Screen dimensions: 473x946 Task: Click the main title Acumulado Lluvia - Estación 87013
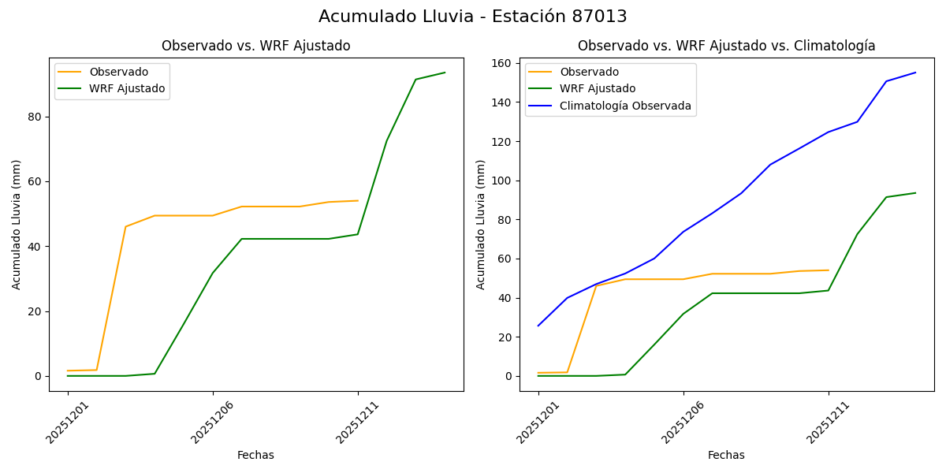473,17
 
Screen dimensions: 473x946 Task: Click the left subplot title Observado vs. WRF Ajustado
255,46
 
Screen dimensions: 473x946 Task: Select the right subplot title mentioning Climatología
726,46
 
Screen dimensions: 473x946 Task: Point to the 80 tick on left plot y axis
35,117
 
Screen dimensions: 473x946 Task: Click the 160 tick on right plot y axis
502,63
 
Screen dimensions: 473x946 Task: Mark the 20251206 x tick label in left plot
213,420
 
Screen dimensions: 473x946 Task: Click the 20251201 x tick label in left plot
68,420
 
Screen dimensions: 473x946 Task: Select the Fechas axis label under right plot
726,455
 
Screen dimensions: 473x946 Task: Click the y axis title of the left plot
17,225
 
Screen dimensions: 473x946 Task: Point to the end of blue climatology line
915,73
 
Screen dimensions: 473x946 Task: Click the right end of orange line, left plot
358,200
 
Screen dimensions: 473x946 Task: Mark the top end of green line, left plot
445,73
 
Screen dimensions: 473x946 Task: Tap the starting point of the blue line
538,326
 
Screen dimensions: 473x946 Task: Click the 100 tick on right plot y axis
502,181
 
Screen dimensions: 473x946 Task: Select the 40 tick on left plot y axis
35,246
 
